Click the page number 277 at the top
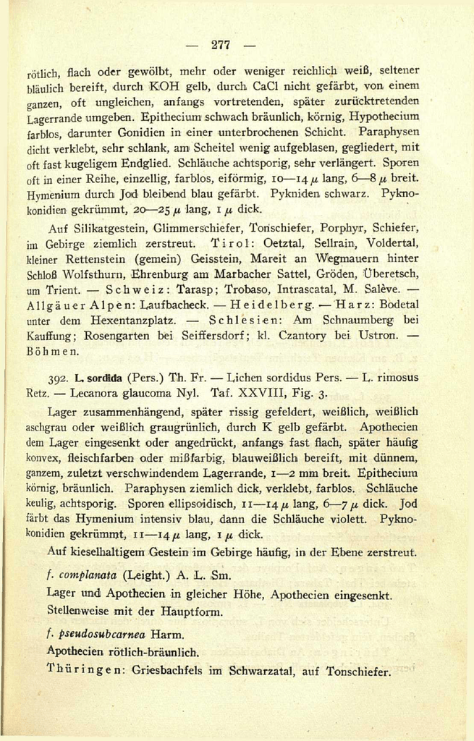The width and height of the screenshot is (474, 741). (221, 45)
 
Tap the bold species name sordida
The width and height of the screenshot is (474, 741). (101, 378)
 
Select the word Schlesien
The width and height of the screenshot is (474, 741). (249, 320)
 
